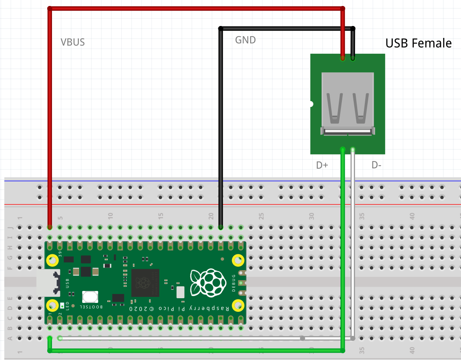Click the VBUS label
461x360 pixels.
click(73, 42)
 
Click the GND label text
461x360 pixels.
click(246, 40)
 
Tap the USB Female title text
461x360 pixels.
click(418, 43)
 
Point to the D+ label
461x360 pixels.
click(322, 165)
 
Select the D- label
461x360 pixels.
click(376, 165)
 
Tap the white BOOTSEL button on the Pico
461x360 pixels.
click(90, 297)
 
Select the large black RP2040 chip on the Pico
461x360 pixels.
click(145, 282)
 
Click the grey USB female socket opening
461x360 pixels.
click(348, 104)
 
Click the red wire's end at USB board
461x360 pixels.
click(343, 58)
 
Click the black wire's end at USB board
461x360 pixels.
click(353, 58)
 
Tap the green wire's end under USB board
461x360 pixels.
click(343, 150)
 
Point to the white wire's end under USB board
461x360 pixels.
click(353, 150)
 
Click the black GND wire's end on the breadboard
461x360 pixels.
click(220, 227)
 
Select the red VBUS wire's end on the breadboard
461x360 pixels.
click(50, 227)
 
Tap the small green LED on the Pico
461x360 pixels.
click(62, 305)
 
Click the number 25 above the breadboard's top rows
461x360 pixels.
click(261, 216)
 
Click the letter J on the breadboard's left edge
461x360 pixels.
click(9, 227)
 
